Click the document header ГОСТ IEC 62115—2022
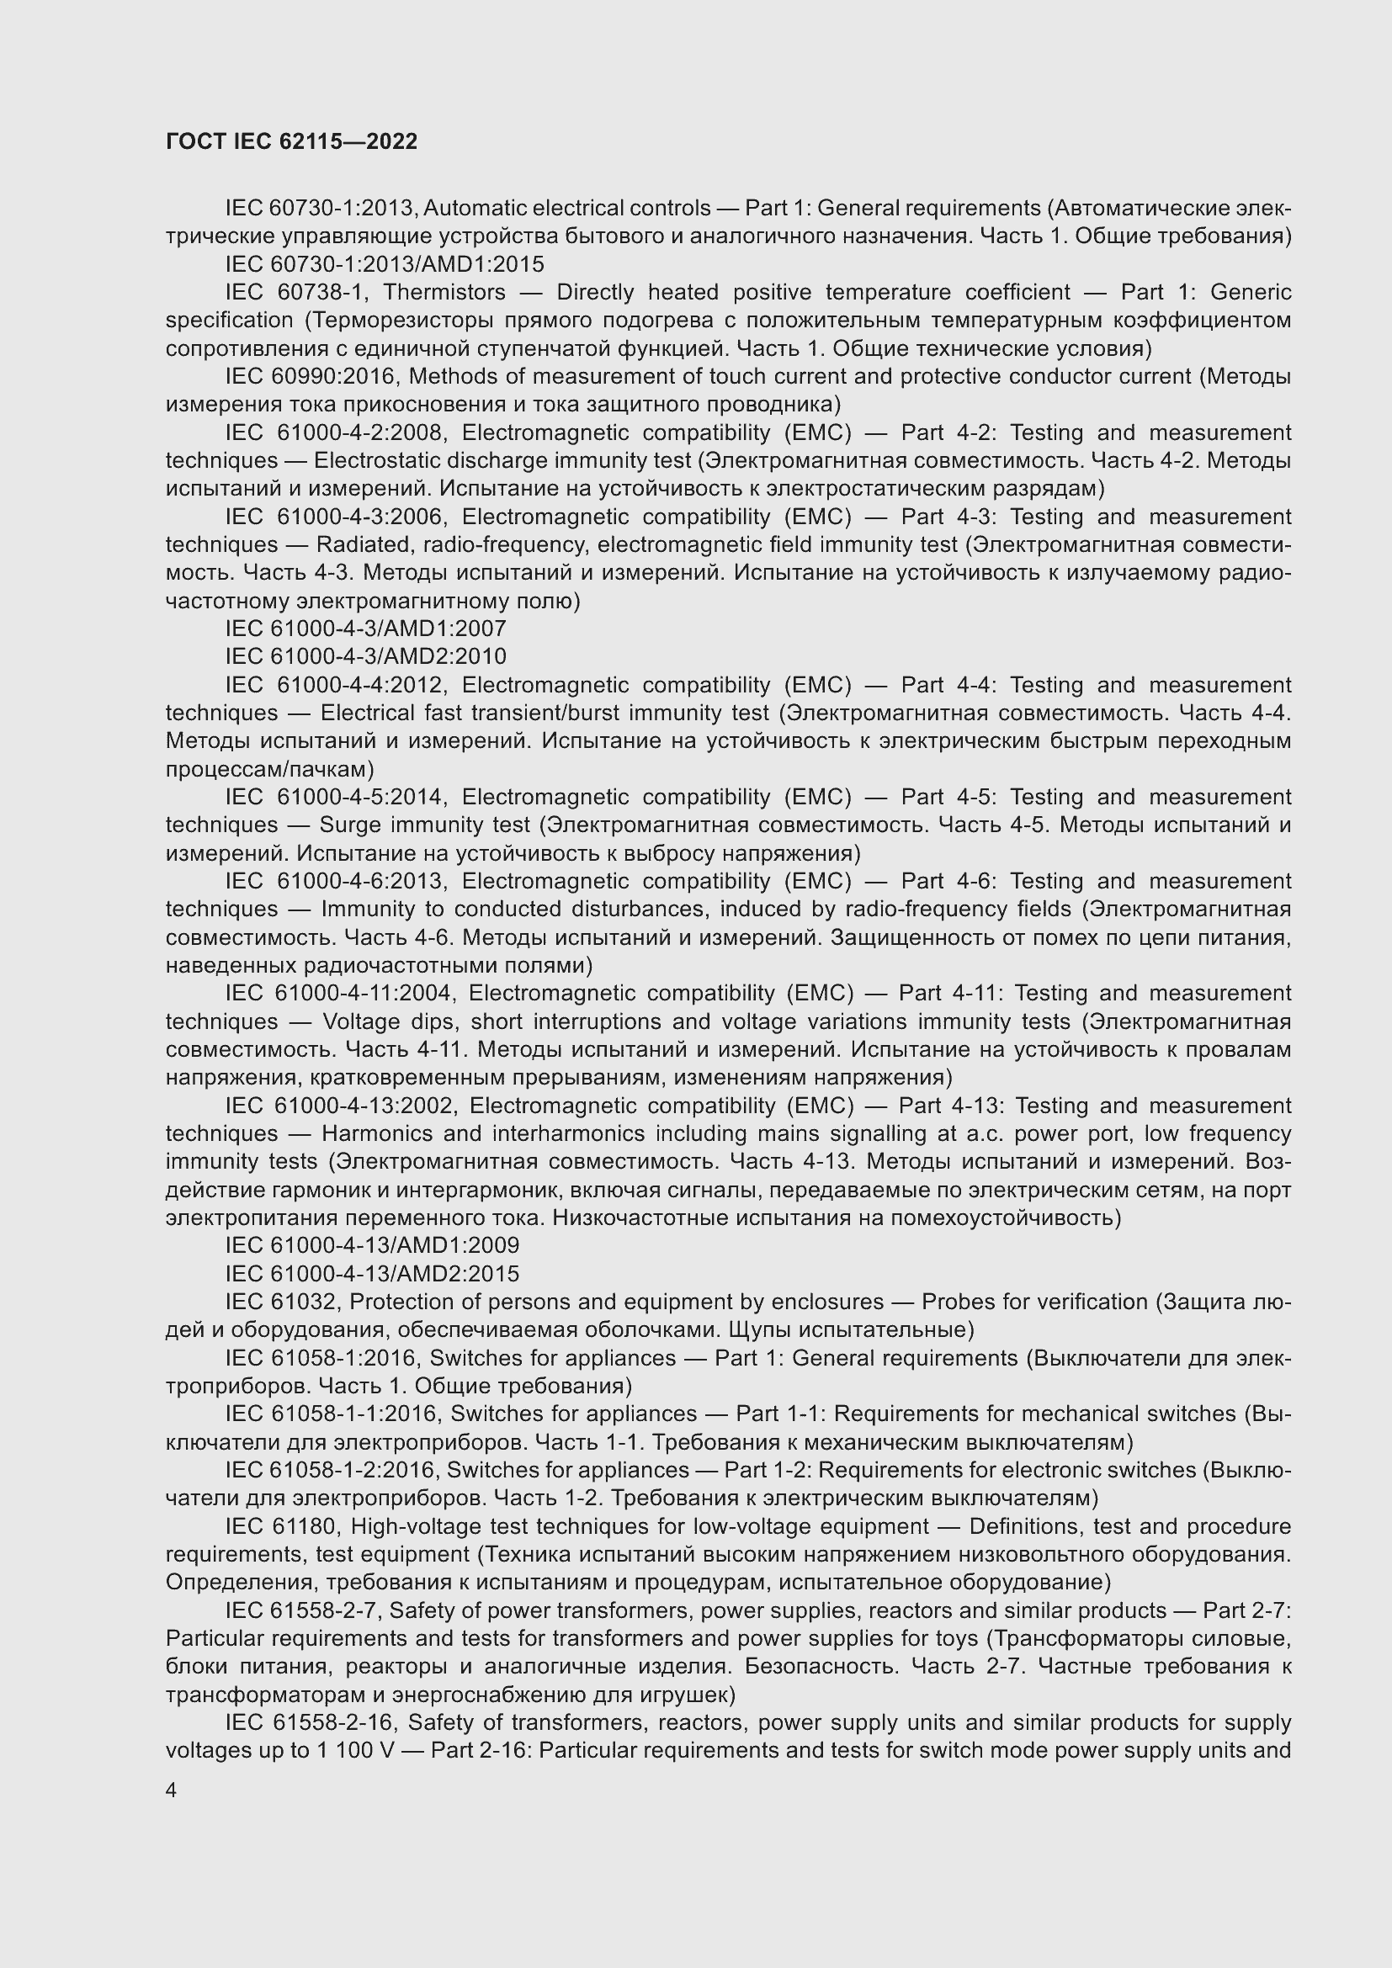point(291,142)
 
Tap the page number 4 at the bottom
point(172,1790)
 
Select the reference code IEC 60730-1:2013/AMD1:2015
point(384,265)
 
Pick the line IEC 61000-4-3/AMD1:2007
point(365,629)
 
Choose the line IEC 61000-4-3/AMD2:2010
point(365,657)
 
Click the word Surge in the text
point(349,825)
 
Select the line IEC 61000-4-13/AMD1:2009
point(372,1245)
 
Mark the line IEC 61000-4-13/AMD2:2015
point(372,1274)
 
